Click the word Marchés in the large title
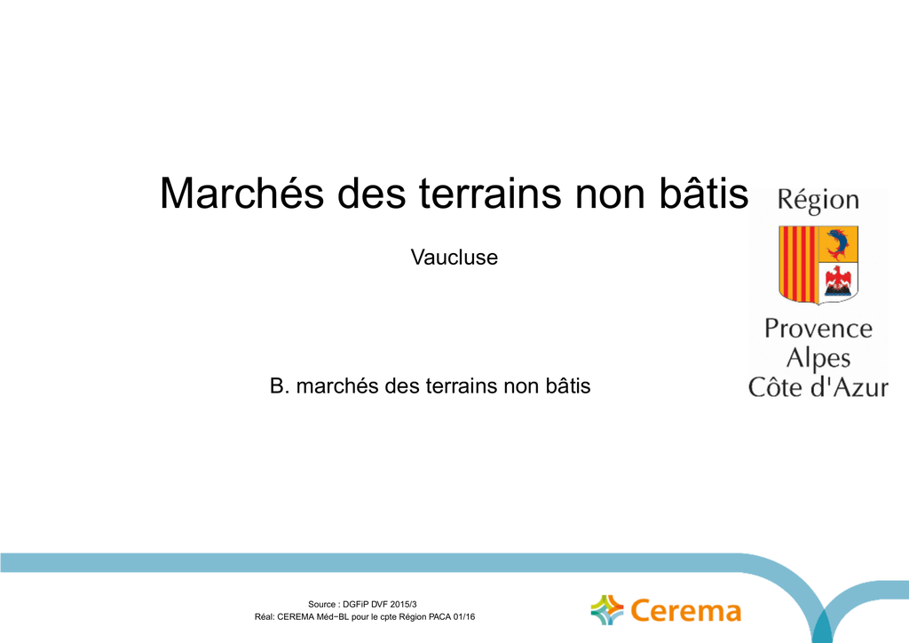click(241, 193)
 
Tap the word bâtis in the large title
click(704, 192)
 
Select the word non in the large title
click(611, 197)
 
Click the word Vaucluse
click(454, 258)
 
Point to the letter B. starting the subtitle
click(279, 386)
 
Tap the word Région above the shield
click(818, 201)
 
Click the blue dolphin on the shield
click(837, 244)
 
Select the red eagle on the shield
click(838, 281)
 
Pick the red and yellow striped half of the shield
click(798, 265)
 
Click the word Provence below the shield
click(818, 329)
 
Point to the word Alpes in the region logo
click(818, 359)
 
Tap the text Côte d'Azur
click(818, 387)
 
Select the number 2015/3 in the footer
click(404, 604)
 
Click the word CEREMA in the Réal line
click(296, 617)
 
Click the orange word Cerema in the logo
click(686, 611)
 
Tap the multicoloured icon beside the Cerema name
click(607, 610)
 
